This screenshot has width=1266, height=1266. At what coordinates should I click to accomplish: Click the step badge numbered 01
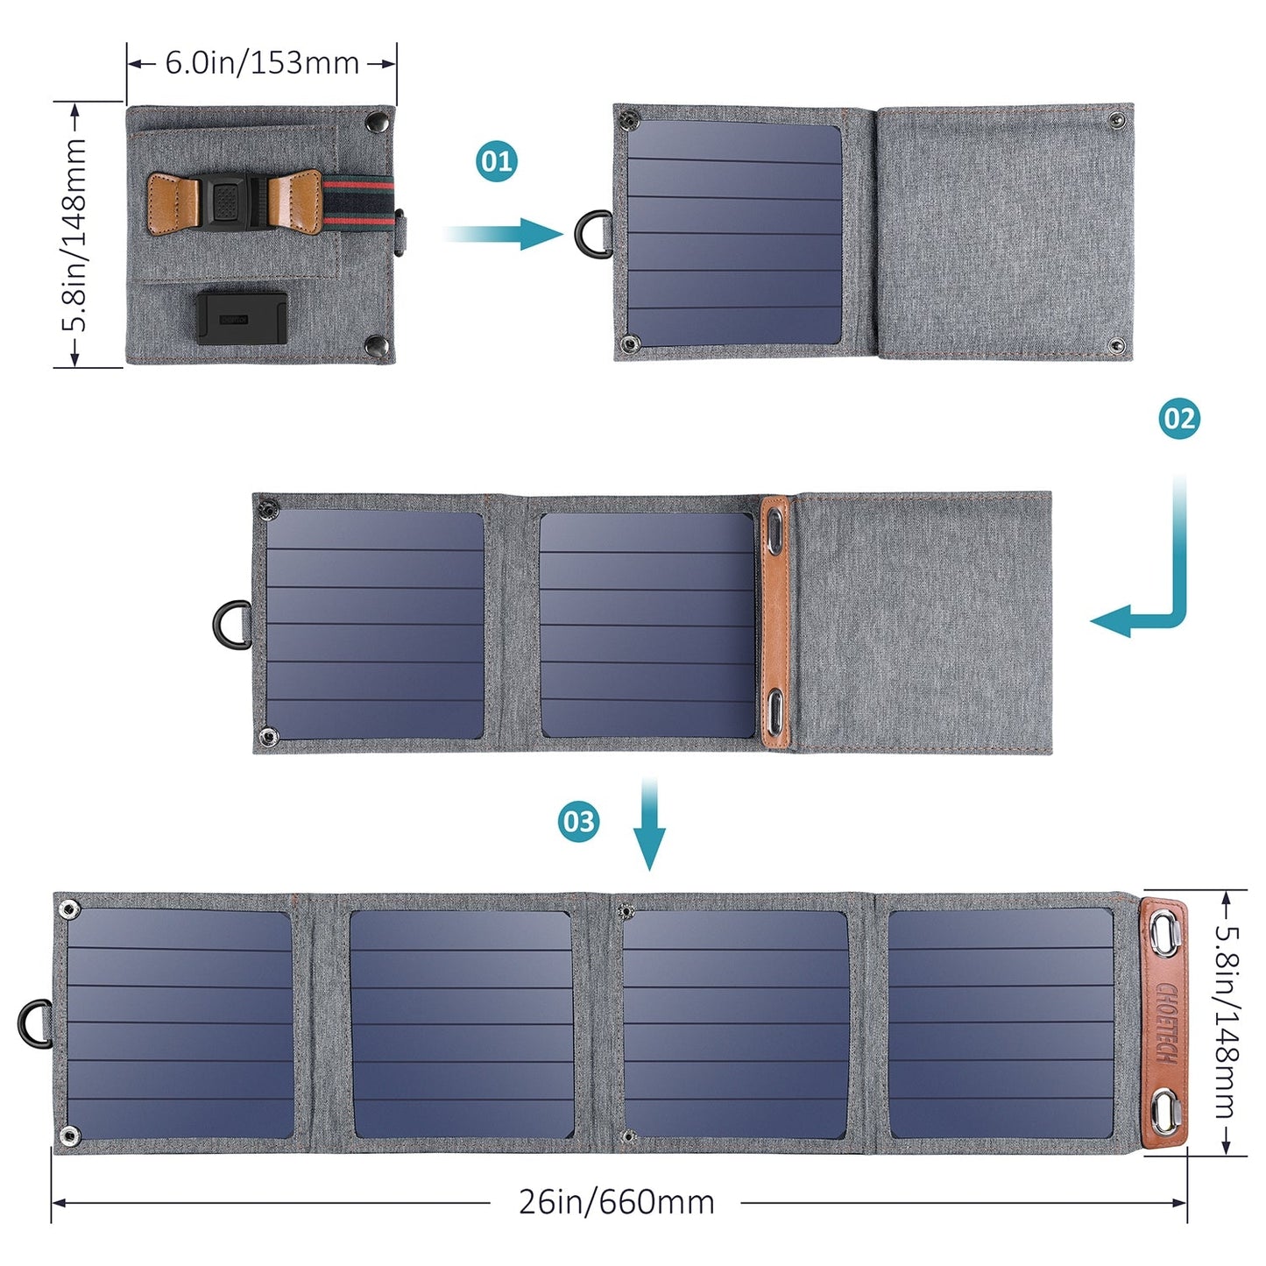tap(497, 161)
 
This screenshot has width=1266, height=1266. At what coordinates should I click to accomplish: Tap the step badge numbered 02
tap(1178, 419)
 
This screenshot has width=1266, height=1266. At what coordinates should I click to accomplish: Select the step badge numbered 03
tap(578, 822)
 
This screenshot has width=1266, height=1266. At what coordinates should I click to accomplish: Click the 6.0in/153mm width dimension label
tap(262, 63)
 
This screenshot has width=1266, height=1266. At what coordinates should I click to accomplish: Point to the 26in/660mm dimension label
tap(616, 1202)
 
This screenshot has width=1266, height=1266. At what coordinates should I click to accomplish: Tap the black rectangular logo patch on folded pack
tap(241, 318)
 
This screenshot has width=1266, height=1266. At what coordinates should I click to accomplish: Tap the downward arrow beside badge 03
tap(649, 824)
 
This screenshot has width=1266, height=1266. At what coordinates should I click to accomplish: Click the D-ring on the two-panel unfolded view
tap(231, 625)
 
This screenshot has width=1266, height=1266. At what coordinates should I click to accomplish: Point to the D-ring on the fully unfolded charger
tap(35, 1023)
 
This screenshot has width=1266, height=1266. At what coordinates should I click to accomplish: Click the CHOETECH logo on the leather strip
tap(1166, 1023)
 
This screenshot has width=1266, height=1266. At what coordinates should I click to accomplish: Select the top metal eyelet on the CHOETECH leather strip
tap(1165, 936)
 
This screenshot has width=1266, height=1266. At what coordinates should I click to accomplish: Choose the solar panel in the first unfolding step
tap(734, 234)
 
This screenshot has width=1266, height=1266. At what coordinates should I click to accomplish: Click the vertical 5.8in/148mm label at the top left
tap(75, 234)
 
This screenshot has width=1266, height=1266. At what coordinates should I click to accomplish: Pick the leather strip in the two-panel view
tap(775, 623)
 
